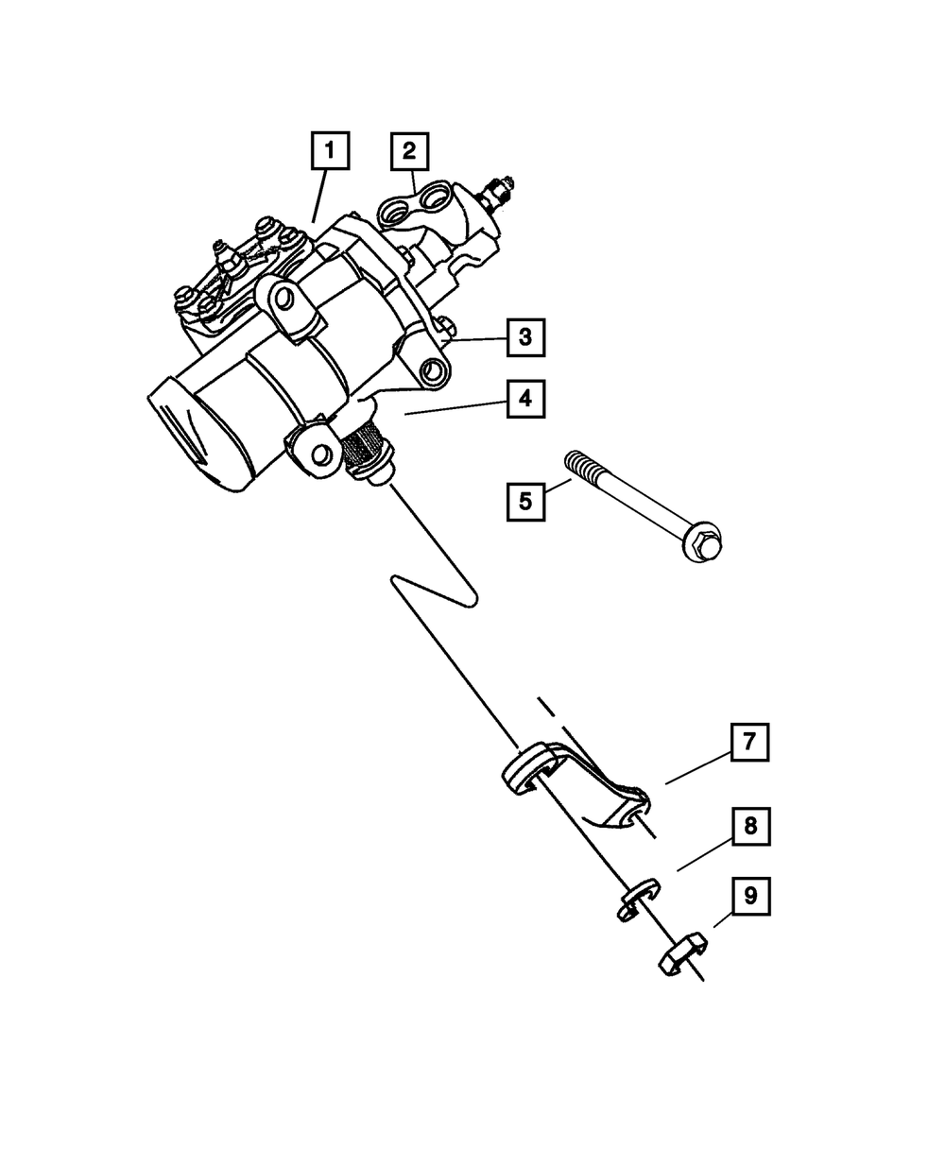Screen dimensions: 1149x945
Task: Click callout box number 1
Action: (329, 151)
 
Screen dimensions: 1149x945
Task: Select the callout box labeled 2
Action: (409, 151)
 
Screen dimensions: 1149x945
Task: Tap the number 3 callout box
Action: (525, 336)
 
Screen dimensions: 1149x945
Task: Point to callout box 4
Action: (525, 399)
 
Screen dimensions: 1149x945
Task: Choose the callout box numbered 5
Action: (525, 500)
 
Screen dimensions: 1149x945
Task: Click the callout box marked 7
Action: (748, 743)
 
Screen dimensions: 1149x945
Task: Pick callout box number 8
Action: (749, 827)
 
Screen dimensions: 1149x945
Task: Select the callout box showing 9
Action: (749, 896)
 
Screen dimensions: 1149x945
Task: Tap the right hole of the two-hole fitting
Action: (436, 198)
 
